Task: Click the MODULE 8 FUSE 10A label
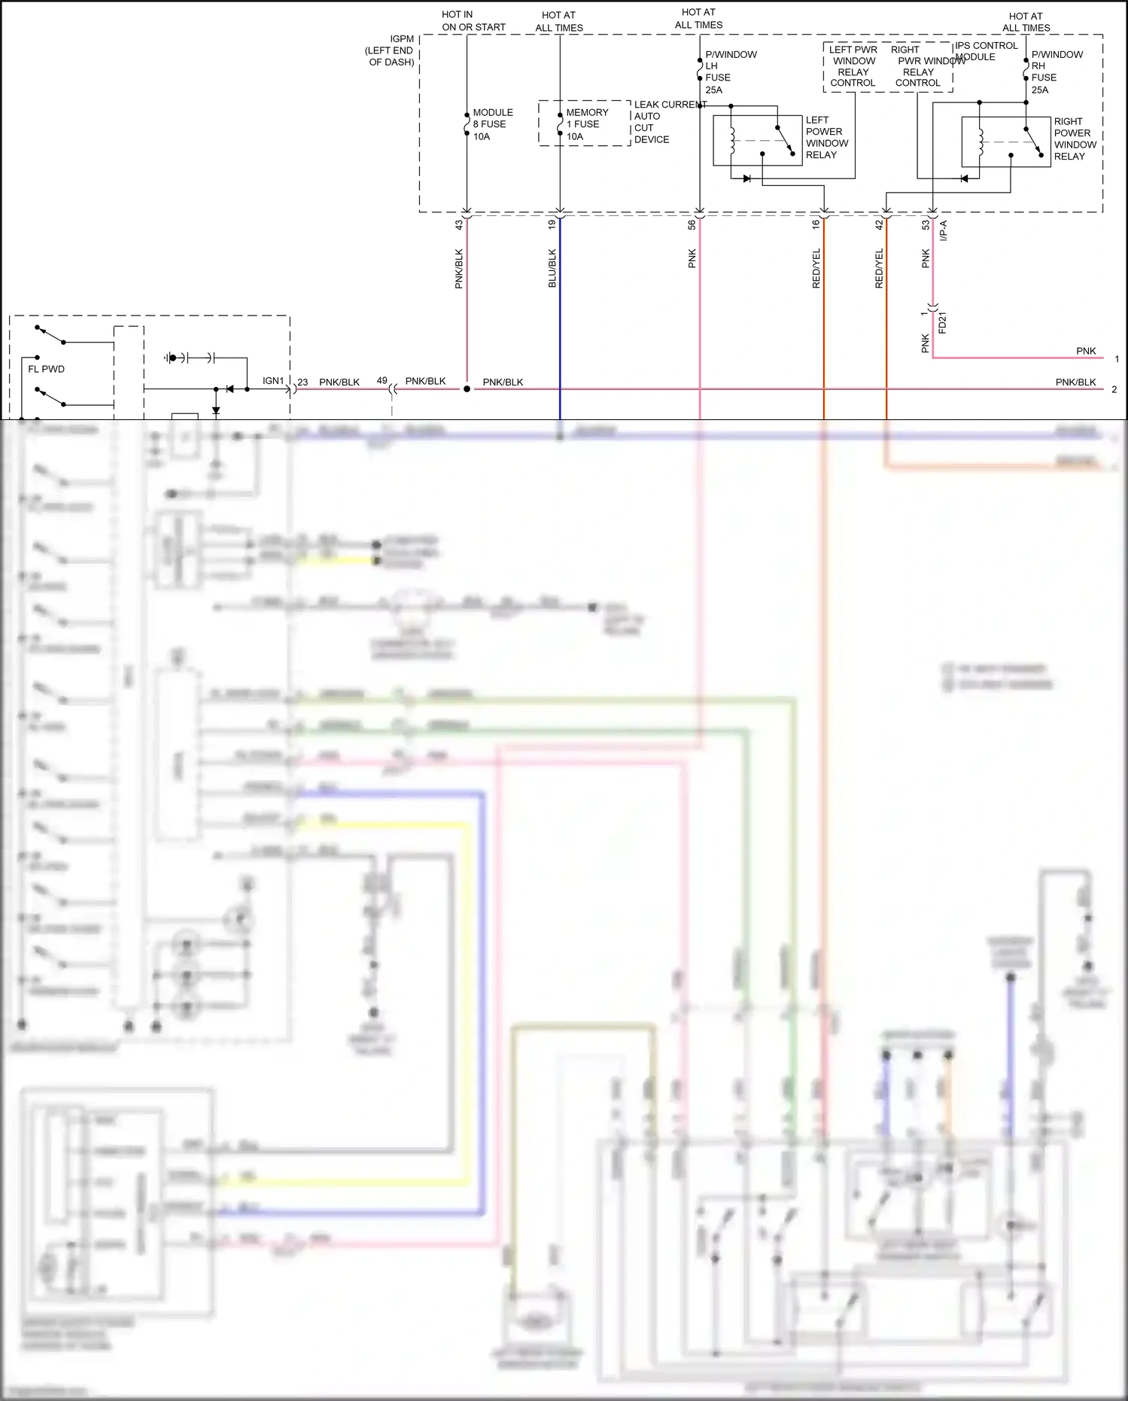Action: pyautogui.click(x=492, y=124)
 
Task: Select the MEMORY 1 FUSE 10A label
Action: pyautogui.click(x=586, y=124)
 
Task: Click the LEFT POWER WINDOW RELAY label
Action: pyautogui.click(x=826, y=137)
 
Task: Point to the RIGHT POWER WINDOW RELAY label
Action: pyautogui.click(x=1075, y=139)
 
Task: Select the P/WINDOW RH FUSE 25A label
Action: pyautogui.click(x=1056, y=72)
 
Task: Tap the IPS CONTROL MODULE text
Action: pyautogui.click(x=986, y=51)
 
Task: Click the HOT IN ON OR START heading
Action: pyautogui.click(x=473, y=20)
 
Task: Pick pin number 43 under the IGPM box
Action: pyautogui.click(x=459, y=224)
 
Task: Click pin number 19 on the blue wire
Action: pyautogui.click(x=552, y=224)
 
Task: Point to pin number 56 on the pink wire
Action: pyautogui.click(x=692, y=224)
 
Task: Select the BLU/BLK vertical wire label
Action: pyautogui.click(x=552, y=268)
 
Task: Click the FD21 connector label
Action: pyautogui.click(x=942, y=322)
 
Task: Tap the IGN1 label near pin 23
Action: pyautogui.click(x=273, y=381)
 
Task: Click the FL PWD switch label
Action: pyautogui.click(x=46, y=369)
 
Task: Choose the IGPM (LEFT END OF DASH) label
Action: pyautogui.click(x=391, y=50)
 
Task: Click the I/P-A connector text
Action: pyautogui.click(x=944, y=230)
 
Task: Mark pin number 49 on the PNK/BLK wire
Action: pyautogui.click(x=382, y=381)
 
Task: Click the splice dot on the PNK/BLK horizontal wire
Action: pyautogui.click(x=467, y=389)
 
